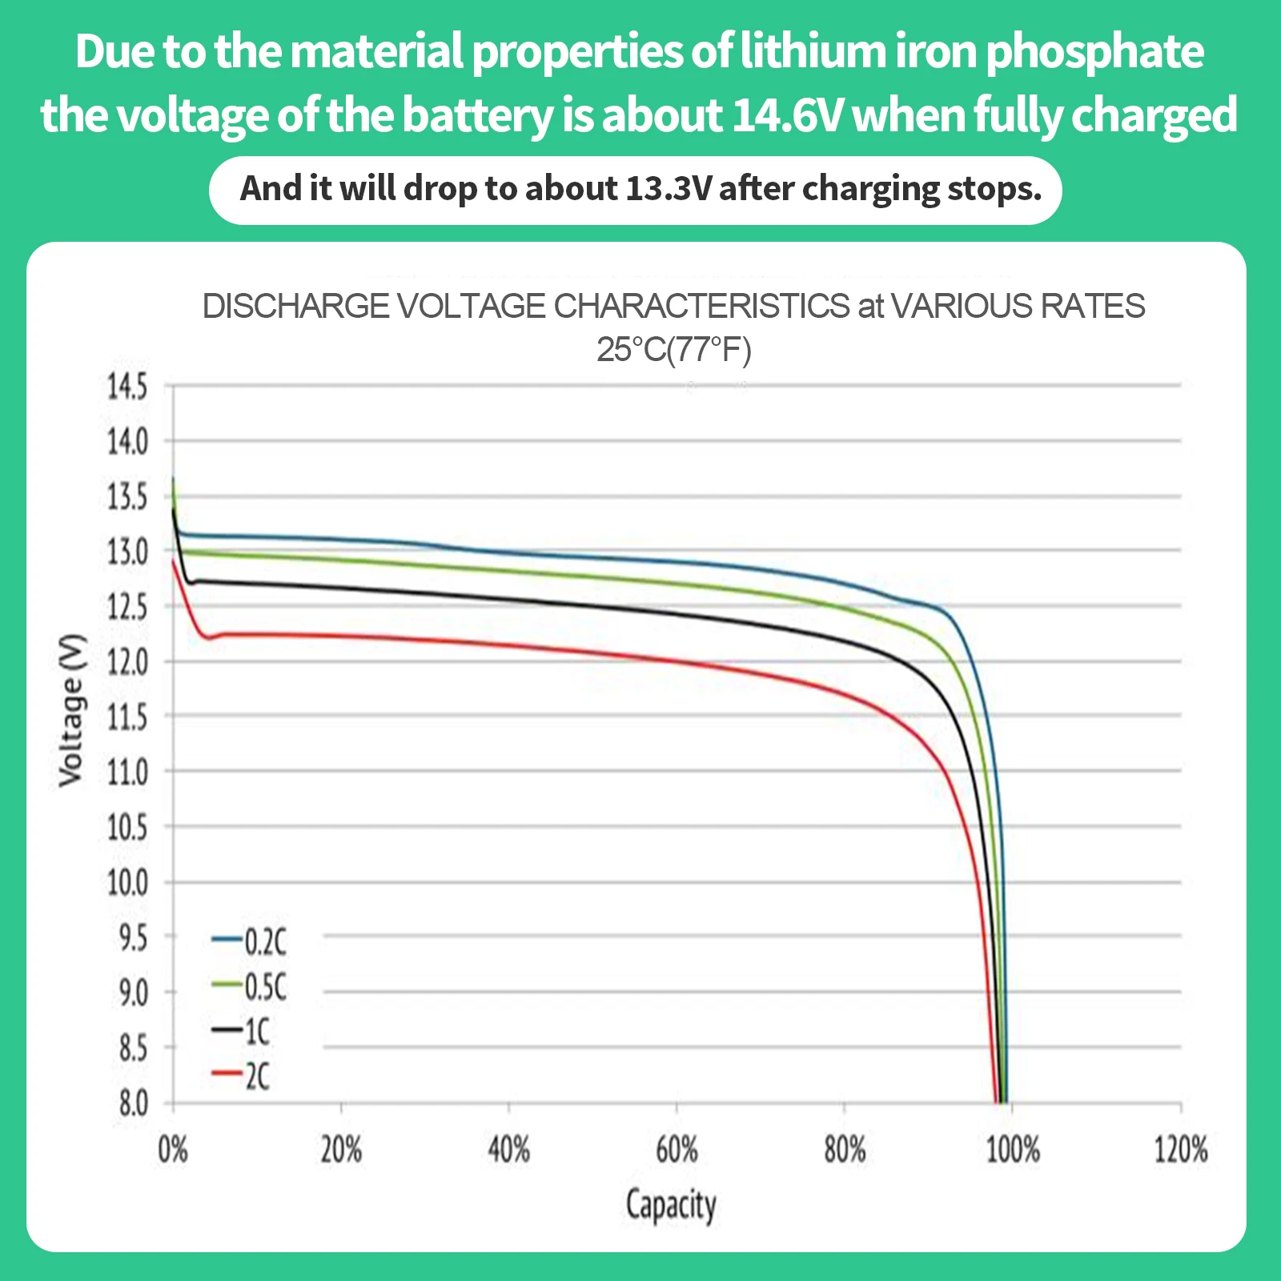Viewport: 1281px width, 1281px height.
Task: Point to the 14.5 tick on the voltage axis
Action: (x=128, y=387)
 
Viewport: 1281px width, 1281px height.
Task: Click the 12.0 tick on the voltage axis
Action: (x=128, y=663)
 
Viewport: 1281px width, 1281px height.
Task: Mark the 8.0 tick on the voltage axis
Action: (x=134, y=1104)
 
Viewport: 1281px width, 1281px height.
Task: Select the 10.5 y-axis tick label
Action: (x=128, y=828)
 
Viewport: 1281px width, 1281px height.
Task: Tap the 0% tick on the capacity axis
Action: (x=173, y=1150)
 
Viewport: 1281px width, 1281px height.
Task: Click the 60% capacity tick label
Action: (x=677, y=1150)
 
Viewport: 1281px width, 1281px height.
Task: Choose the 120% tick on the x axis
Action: (x=1180, y=1150)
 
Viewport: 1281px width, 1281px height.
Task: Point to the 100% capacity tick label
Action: (x=1012, y=1150)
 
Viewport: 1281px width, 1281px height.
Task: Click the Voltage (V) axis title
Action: (x=71, y=710)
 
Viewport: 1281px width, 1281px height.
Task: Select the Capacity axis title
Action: (x=671, y=1206)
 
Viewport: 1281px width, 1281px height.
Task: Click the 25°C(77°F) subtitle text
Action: (x=673, y=350)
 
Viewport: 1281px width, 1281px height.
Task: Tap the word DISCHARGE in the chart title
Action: (x=295, y=306)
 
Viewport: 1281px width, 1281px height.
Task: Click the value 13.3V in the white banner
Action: (x=669, y=189)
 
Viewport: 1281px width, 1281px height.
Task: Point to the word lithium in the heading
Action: (x=812, y=51)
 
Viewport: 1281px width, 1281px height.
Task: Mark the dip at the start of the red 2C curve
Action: (x=208, y=638)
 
